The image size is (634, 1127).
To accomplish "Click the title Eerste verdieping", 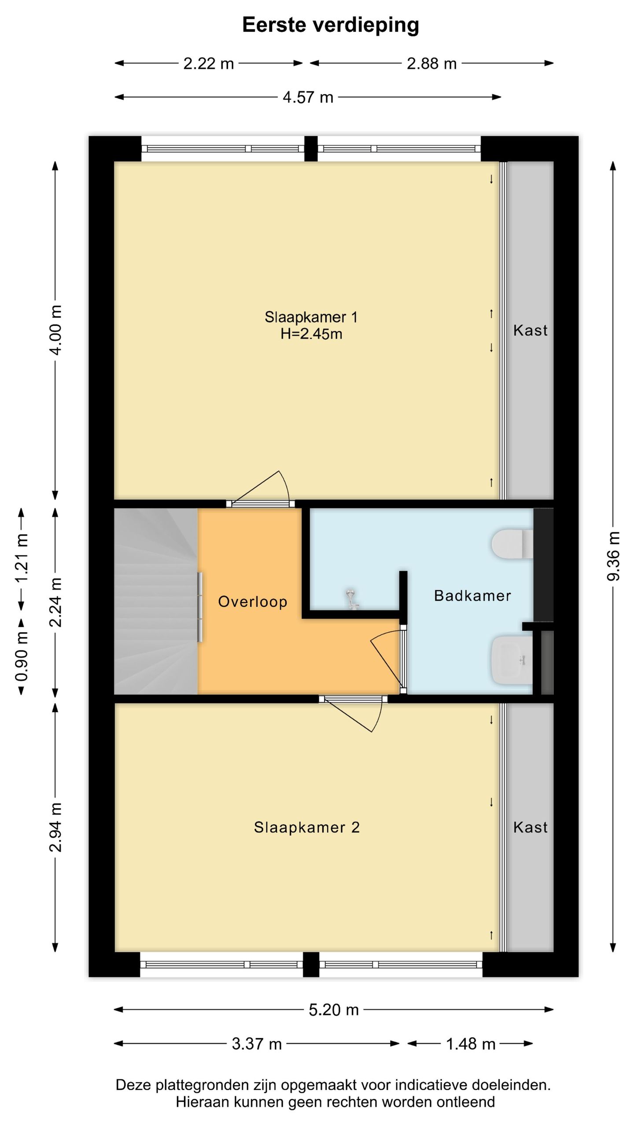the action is [x=330, y=25].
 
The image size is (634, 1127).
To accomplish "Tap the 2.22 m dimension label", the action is [x=208, y=64].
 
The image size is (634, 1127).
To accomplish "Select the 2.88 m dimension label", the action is [x=431, y=64].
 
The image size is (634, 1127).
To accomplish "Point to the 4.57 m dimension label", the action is [x=308, y=97].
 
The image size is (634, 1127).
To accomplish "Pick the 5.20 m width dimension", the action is [x=334, y=1009].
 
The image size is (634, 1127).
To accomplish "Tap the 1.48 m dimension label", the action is [x=471, y=1044].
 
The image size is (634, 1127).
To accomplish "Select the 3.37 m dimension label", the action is [x=257, y=1044].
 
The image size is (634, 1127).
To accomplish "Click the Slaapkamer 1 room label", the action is [x=311, y=317].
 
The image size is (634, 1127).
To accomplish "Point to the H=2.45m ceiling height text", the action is [x=311, y=334].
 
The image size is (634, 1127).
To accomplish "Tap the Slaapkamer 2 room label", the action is [x=307, y=827].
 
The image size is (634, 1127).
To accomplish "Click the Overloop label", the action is [x=253, y=602].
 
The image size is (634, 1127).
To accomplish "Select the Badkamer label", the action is [x=472, y=596].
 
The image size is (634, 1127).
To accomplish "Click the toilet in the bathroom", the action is [x=512, y=544].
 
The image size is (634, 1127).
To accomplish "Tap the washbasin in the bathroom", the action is [x=512, y=660].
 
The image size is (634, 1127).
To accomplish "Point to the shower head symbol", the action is [x=352, y=599].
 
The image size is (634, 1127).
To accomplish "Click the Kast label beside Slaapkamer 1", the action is [x=530, y=330].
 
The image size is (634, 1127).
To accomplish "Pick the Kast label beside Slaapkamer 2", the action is [x=530, y=827].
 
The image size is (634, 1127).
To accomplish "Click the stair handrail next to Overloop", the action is [x=200, y=607].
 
